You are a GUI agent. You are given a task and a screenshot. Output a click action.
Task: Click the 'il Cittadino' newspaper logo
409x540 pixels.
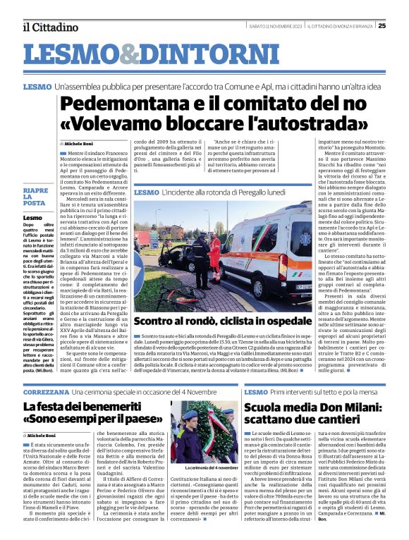pos(50,27)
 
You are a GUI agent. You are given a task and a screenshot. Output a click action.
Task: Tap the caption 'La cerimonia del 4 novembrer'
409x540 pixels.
pos(212,467)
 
